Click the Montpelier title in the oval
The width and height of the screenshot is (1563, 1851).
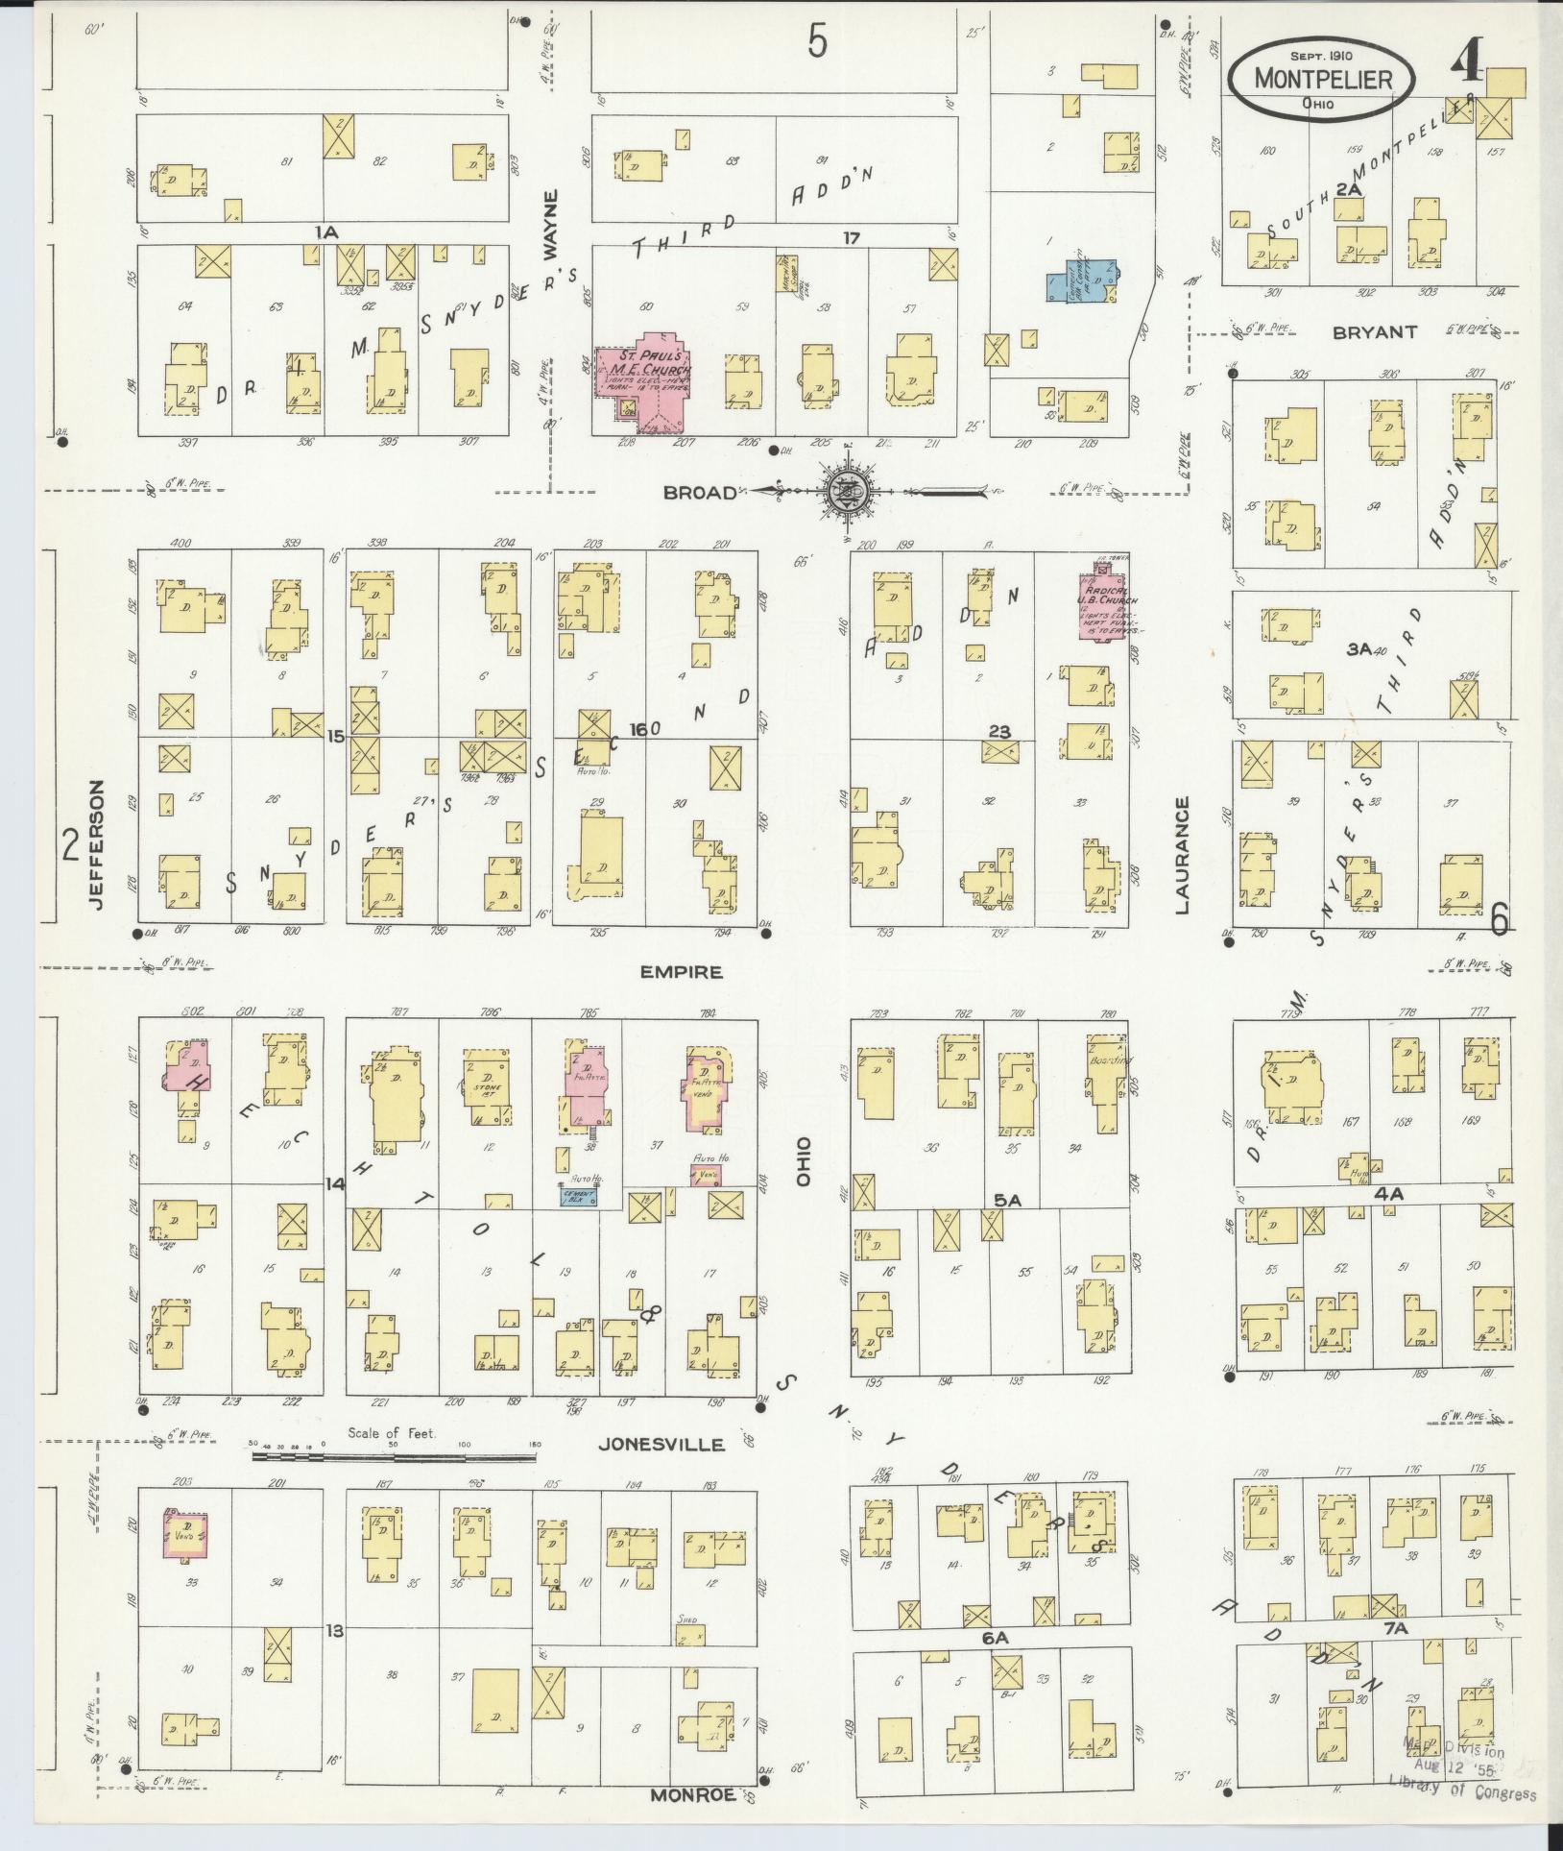(1323, 79)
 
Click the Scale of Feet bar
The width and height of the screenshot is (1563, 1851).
(394, 1483)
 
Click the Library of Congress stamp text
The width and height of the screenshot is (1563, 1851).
(1462, 1792)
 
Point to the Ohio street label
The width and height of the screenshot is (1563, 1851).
(804, 1163)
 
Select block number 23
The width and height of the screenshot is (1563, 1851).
(999, 732)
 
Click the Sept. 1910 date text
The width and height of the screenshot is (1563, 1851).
(1320, 55)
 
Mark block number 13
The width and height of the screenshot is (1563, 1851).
(334, 1629)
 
